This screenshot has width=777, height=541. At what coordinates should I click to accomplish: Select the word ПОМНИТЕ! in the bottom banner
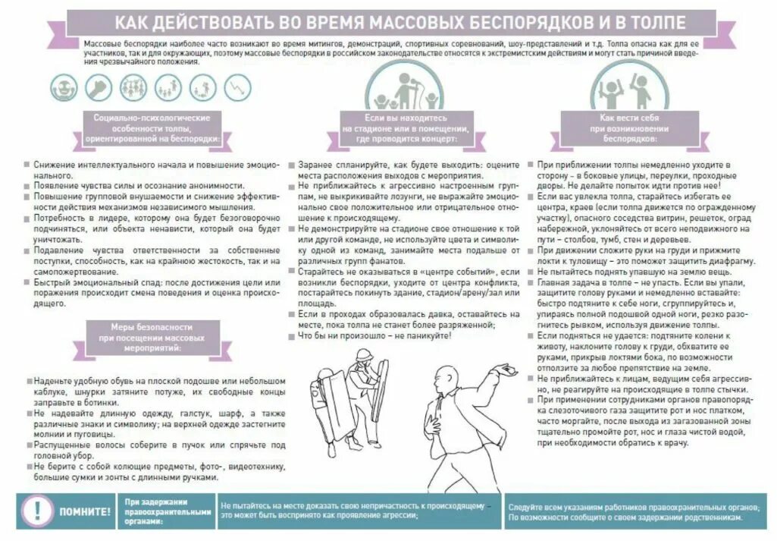(85, 511)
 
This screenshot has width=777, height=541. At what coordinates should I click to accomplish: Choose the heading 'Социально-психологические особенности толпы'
(152, 129)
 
